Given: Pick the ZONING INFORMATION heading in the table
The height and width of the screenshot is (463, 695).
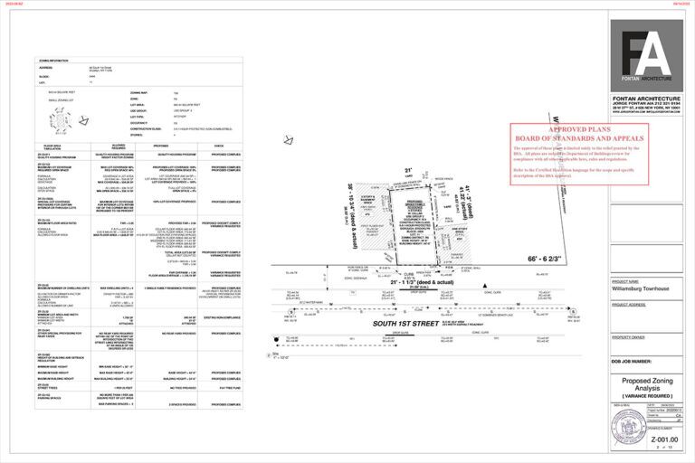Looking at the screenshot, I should tap(54, 61).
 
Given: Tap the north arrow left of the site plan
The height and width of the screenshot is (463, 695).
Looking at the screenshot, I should tap(289, 139).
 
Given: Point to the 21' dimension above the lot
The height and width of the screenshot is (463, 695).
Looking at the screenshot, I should tap(408, 170).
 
